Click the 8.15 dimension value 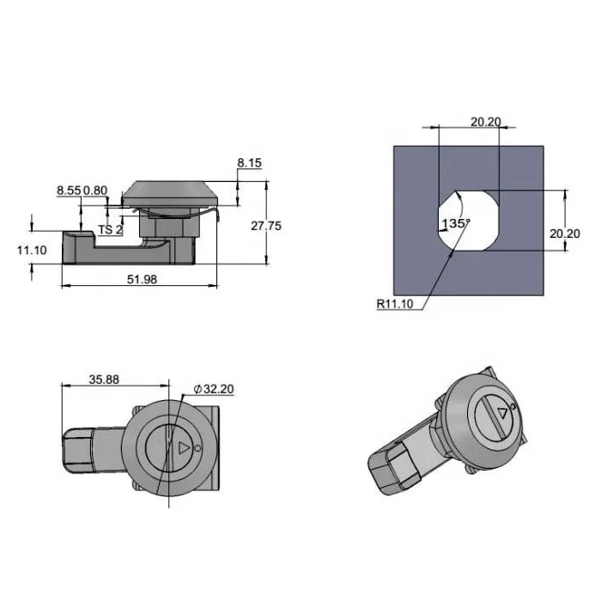click(x=250, y=161)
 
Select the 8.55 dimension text click(x=69, y=190)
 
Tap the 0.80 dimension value click(x=95, y=190)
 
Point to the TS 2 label click(x=110, y=229)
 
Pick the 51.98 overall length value click(x=141, y=279)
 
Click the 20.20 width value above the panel click(x=485, y=122)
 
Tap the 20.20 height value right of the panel click(x=567, y=233)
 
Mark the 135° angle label click(x=454, y=223)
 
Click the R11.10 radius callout click(x=394, y=302)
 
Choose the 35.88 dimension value click(x=103, y=379)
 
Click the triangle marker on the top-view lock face click(x=181, y=448)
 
